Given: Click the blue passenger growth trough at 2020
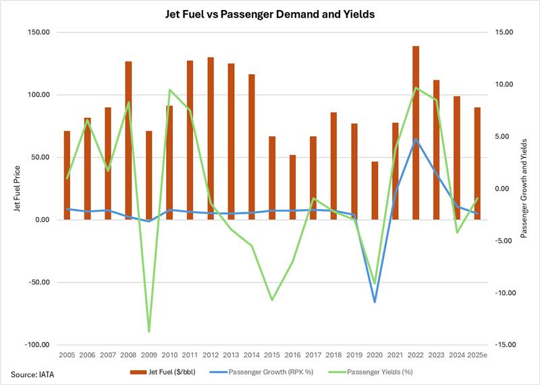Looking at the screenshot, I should tap(375, 301).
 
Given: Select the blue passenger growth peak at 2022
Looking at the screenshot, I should tap(416, 139).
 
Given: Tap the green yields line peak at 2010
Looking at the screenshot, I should tap(169, 90).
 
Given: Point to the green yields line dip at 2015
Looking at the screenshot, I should tap(272, 300).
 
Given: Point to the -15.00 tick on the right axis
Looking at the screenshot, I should tap(505, 345).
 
